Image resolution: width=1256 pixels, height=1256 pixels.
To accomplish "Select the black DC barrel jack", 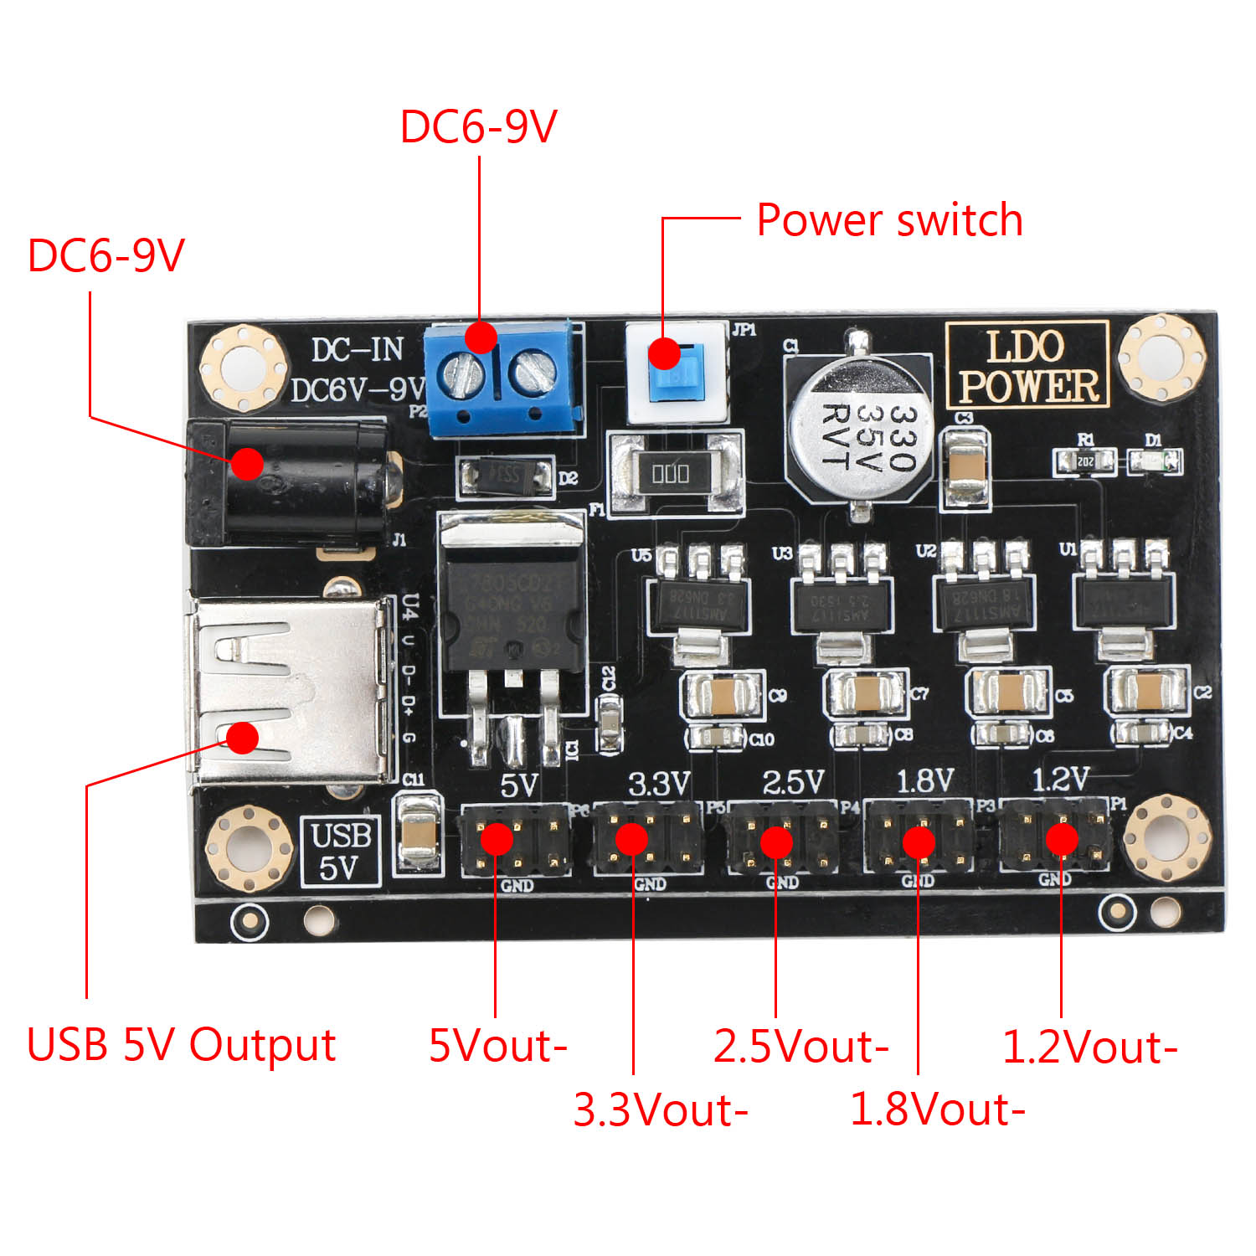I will coord(289,481).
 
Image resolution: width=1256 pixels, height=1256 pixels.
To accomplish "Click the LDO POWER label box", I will coord(1027,365).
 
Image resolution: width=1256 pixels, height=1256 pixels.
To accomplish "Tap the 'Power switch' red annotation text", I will coord(889,221).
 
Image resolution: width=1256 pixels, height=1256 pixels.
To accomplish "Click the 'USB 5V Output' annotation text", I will coord(181,1045).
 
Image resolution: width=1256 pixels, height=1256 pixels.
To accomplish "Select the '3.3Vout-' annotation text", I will coord(660,1109).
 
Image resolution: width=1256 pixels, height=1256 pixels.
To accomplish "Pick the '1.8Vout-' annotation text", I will coord(937,1109).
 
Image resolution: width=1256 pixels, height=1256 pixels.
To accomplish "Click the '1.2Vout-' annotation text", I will coord(1089,1047).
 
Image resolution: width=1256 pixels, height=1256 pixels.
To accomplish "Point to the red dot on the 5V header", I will coord(497,838).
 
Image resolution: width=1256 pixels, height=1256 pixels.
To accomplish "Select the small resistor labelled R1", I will coord(1085,461).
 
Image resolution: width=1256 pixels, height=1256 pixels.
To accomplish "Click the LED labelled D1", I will coord(1154,461).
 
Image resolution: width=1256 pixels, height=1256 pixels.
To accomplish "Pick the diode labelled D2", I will coord(505,476).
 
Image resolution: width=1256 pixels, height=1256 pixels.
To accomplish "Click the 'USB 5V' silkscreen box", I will coord(341,852).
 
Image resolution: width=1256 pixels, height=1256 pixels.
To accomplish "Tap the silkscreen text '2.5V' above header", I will coord(793,782).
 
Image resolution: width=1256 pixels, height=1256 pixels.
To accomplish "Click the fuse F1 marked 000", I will coord(672,474).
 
